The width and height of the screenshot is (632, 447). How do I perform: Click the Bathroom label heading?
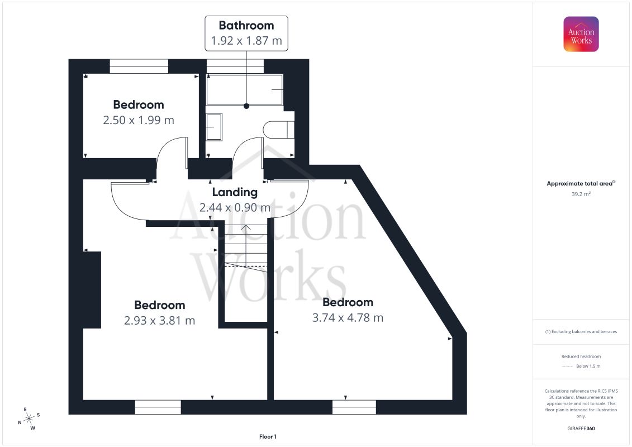coord(246,25)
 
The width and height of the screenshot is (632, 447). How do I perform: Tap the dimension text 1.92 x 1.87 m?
coord(246,41)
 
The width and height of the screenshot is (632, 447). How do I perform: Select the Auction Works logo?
coord(581,34)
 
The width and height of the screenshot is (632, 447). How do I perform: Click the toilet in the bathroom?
coord(278,130)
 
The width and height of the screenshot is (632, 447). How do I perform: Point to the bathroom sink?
coord(214,127)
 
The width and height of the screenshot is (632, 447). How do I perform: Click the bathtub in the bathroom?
coord(245,89)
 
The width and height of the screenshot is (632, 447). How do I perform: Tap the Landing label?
coord(235,192)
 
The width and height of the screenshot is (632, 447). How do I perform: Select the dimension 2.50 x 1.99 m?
coord(139,120)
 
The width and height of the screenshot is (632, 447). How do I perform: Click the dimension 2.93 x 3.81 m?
coord(160,320)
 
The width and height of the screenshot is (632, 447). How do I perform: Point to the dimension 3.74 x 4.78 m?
coord(348,317)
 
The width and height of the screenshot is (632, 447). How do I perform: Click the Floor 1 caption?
coord(268,436)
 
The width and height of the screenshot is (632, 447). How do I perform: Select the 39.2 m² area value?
coord(581,194)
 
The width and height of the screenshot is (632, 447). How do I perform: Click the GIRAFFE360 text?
coord(581,429)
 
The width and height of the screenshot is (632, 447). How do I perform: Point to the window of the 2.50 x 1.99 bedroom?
coord(139,66)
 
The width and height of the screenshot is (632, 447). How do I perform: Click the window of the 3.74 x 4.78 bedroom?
coord(354,407)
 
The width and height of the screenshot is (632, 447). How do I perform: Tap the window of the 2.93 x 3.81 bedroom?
coord(158,407)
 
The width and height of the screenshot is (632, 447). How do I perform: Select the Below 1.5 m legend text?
coord(588,366)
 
